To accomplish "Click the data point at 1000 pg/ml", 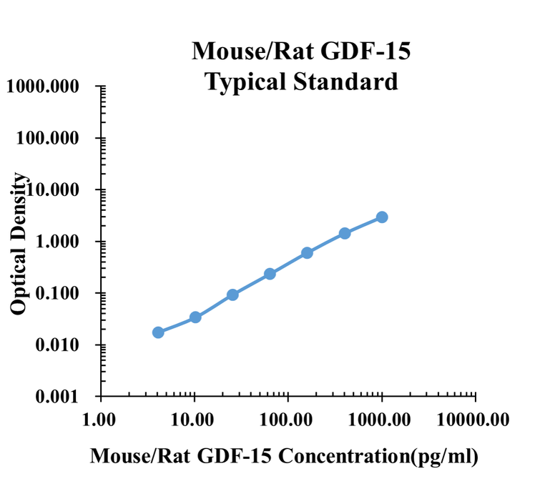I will click(x=382, y=217).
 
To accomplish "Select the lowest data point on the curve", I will click(x=158, y=332).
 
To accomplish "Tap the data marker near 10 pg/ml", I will click(x=195, y=317).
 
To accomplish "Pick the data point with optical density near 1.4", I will click(x=345, y=233).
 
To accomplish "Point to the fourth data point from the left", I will click(x=270, y=274).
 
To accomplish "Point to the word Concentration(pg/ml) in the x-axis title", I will click(x=378, y=455).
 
